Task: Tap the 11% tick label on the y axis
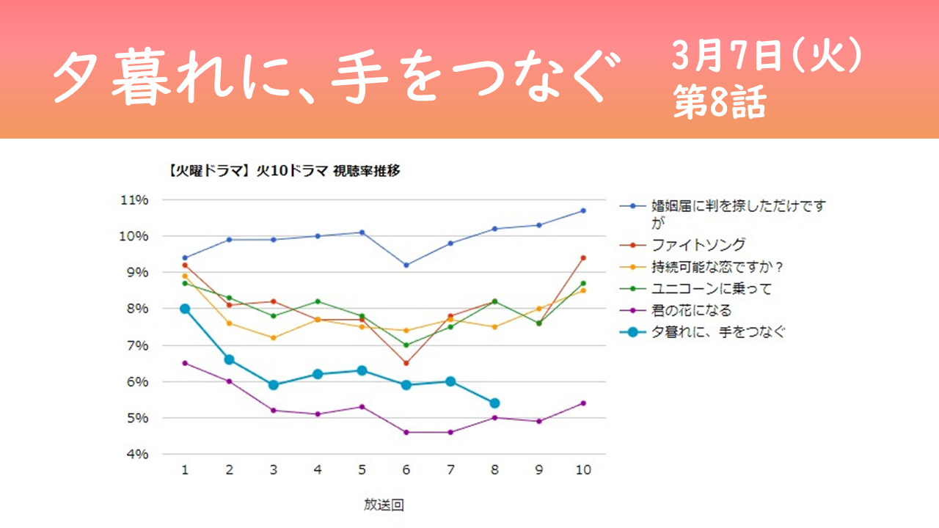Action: (134, 200)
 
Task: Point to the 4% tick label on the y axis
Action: (137, 454)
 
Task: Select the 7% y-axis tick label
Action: (137, 345)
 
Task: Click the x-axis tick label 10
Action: (583, 470)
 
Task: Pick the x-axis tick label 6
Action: (406, 470)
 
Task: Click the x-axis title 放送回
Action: (384, 505)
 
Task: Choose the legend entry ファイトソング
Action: (682, 245)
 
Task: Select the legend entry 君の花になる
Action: (676, 310)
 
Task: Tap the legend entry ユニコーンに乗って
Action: (695, 289)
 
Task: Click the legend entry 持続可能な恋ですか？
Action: (701, 267)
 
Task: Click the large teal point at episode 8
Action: (494, 403)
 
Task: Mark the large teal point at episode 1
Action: (185, 309)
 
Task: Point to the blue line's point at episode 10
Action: (583, 210)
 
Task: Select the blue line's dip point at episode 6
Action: (406, 265)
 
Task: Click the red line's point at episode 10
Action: (583, 258)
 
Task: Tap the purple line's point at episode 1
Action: (185, 363)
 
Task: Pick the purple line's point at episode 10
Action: (583, 403)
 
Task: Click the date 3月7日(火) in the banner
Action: (767, 56)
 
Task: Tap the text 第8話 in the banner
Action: (720, 102)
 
